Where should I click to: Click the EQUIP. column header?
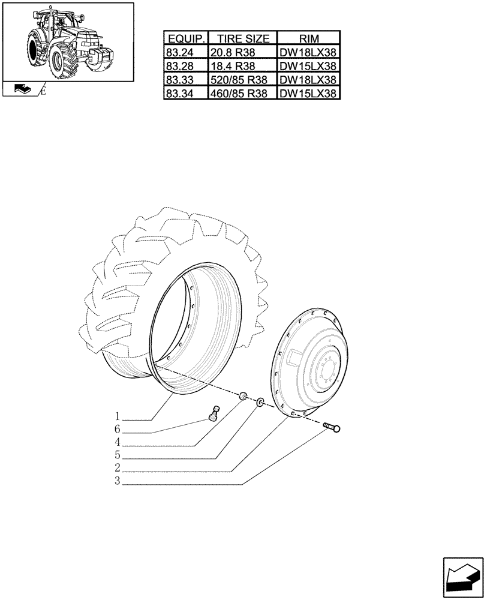click(185, 38)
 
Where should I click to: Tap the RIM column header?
click(308, 38)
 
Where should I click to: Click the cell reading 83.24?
click(185, 52)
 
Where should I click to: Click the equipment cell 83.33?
click(185, 79)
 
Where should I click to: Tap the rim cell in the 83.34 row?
click(308, 93)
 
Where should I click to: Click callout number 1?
click(118, 416)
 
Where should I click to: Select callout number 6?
click(118, 430)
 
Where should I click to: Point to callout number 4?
click(118, 442)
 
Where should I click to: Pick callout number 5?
click(118, 455)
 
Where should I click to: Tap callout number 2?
click(118, 468)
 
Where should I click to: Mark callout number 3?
click(118, 481)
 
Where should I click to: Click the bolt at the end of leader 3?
click(331, 428)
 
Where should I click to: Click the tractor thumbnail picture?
click(68, 41)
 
